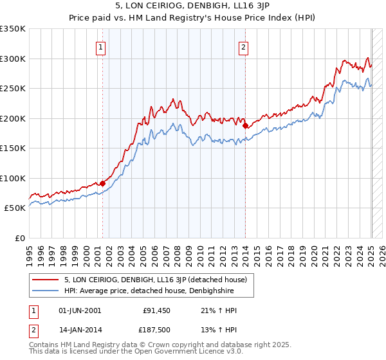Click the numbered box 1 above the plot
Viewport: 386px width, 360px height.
pyautogui.click(x=102, y=46)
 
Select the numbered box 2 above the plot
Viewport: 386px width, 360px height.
pyautogui.click(x=244, y=46)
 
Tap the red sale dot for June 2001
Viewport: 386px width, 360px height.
pyautogui.click(x=102, y=184)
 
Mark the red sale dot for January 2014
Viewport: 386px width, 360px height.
pyautogui.click(x=245, y=126)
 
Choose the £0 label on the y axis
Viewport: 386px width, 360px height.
pyautogui.click(x=19, y=239)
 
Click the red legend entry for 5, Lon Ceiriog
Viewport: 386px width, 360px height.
pyautogui.click(x=160, y=280)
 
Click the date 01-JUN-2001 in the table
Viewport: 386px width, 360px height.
pyautogui.click(x=80, y=310)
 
